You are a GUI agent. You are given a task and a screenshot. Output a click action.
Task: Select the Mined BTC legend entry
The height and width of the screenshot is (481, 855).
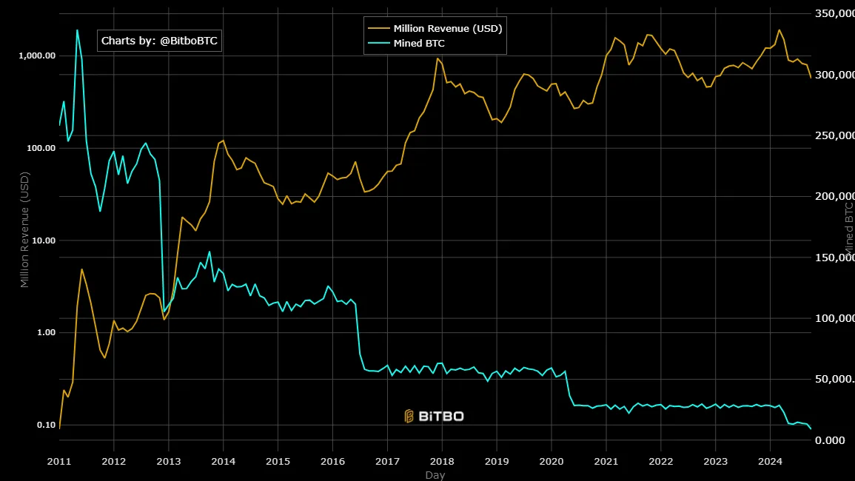[419, 44]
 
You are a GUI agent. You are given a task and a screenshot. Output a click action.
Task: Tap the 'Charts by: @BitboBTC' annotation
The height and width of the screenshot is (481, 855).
[159, 41]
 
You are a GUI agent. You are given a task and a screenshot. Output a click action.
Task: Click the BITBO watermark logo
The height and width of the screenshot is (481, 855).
[434, 416]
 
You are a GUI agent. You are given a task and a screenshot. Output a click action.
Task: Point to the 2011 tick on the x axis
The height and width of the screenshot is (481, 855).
[59, 460]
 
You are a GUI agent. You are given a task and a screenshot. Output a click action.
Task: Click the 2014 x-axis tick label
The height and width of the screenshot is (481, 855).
[223, 460]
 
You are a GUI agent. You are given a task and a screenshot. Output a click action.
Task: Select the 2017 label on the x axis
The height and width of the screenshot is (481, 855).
[387, 460]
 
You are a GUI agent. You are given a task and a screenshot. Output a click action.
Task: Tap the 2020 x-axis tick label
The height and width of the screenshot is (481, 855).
[551, 460]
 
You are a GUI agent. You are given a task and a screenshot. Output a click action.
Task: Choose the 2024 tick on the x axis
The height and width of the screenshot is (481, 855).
[770, 460]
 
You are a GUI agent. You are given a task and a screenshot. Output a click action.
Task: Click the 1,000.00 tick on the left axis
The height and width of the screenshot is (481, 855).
[36, 56]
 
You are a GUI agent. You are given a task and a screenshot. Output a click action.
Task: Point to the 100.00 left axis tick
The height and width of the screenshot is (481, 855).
[39, 148]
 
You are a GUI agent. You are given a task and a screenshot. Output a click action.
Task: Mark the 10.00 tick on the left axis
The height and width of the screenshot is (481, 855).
[41, 240]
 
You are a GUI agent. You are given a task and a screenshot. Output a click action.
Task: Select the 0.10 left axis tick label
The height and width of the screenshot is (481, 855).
[44, 425]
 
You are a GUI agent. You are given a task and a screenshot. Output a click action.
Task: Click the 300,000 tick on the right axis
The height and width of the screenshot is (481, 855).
[835, 75]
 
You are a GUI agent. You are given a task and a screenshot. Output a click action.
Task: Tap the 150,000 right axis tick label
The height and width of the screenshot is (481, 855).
[835, 258]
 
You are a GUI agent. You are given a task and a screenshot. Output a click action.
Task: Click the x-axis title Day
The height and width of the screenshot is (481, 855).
[435, 475]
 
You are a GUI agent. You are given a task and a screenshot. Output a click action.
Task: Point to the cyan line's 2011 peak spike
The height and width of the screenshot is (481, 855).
[77, 30]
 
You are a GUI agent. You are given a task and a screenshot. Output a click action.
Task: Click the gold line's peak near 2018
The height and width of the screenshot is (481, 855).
[437, 58]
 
